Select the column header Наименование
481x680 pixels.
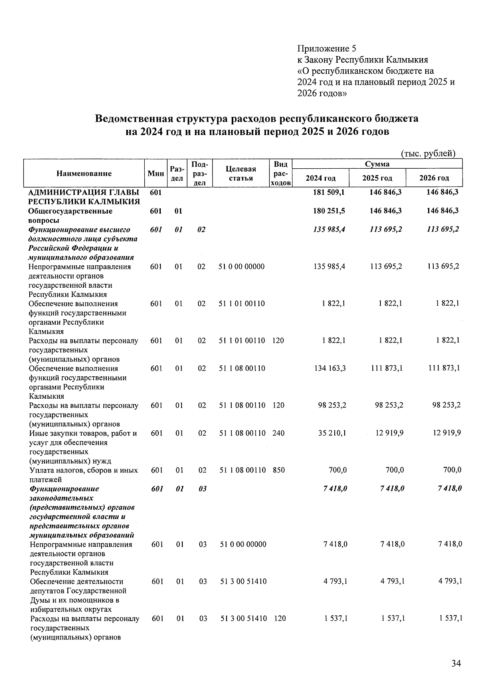pyautogui.click(x=84, y=174)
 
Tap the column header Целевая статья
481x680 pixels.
pyautogui.click(x=240, y=174)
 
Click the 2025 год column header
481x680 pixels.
pyautogui.click(x=377, y=178)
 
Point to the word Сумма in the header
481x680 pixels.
pyautogui.click(x=377, y=164)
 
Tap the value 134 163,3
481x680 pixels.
pyautogui.click(x=329, y=368)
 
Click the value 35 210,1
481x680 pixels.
pyautogui.click(x=332, y=433)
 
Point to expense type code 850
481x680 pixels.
pyautogui.click(x=279, y=470)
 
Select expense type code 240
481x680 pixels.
pyautogui.click(x=279, y=433)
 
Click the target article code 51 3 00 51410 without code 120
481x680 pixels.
pyautogui.click(x=243, y=581)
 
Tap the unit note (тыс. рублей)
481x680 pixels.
pyautogui.click(x=428, y=153)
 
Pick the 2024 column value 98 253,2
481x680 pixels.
pyautogui.click(x=332, y=405)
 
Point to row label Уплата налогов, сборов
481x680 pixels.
pyautogui.click(x=83, y=470)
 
